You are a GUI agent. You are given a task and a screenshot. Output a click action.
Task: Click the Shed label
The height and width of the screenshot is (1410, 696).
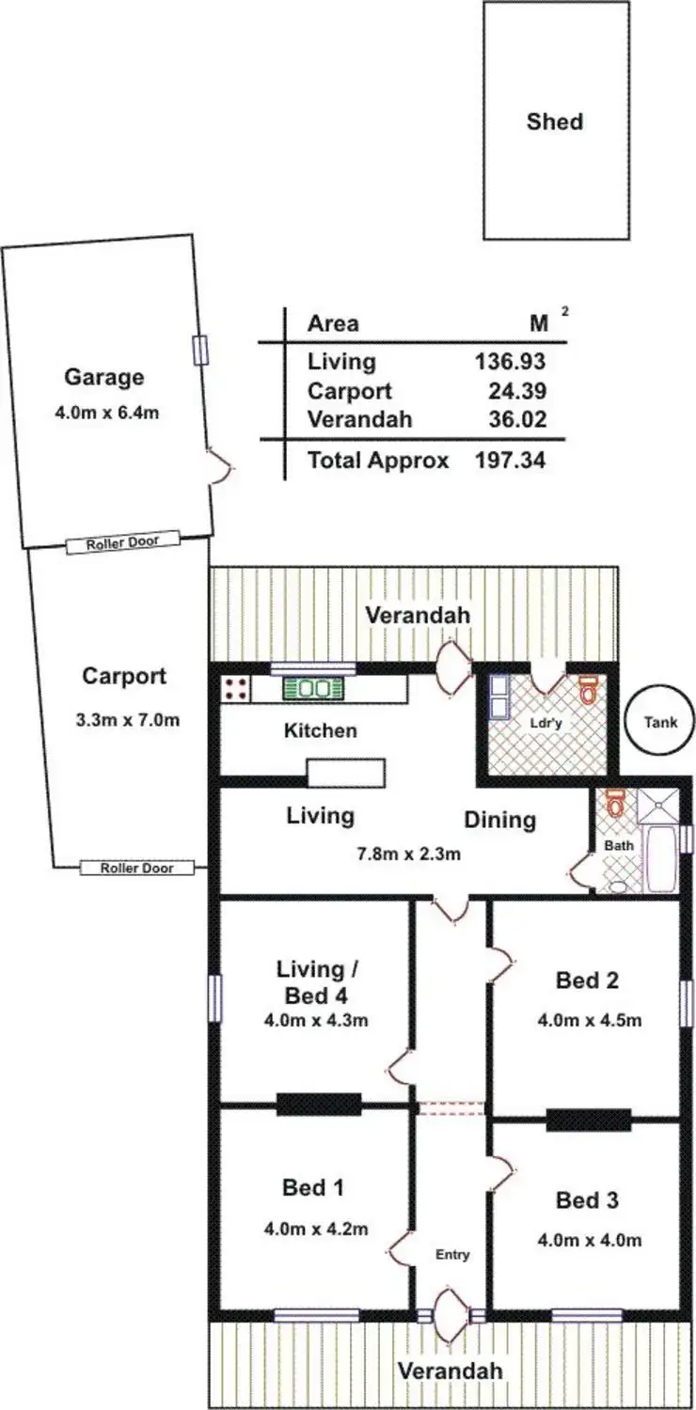554,121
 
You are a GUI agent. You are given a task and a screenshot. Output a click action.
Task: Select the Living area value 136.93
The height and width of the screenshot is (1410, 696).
510,362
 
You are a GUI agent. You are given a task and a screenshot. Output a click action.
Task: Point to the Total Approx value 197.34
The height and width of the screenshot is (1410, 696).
510,461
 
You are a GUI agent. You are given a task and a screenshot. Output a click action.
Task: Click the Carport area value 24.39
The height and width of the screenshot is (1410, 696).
517,391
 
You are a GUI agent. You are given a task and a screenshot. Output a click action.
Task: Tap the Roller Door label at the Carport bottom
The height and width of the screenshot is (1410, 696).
137,868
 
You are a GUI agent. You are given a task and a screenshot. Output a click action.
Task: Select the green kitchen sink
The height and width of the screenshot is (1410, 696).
313,689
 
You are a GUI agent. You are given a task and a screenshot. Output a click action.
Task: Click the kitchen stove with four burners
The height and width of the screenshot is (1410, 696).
236,689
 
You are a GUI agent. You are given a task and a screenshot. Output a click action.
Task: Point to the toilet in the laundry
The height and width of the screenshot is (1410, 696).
588,691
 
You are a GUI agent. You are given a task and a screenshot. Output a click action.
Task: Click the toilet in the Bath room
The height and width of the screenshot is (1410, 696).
616,803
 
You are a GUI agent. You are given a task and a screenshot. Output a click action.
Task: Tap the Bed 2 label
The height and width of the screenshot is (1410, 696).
587,980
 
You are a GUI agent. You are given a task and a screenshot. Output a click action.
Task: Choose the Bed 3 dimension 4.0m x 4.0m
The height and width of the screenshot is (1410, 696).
590,1240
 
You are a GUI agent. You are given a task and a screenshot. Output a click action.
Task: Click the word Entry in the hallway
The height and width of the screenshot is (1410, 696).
452,1255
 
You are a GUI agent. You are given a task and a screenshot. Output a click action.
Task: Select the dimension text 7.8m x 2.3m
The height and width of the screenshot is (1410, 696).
407,854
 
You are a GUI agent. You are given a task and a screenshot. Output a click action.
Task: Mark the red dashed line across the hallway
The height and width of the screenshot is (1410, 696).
451,1108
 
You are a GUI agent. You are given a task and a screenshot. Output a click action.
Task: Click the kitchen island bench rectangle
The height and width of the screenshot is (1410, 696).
346,773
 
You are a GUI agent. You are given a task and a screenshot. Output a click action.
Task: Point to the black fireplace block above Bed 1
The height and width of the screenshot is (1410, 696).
319,1104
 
